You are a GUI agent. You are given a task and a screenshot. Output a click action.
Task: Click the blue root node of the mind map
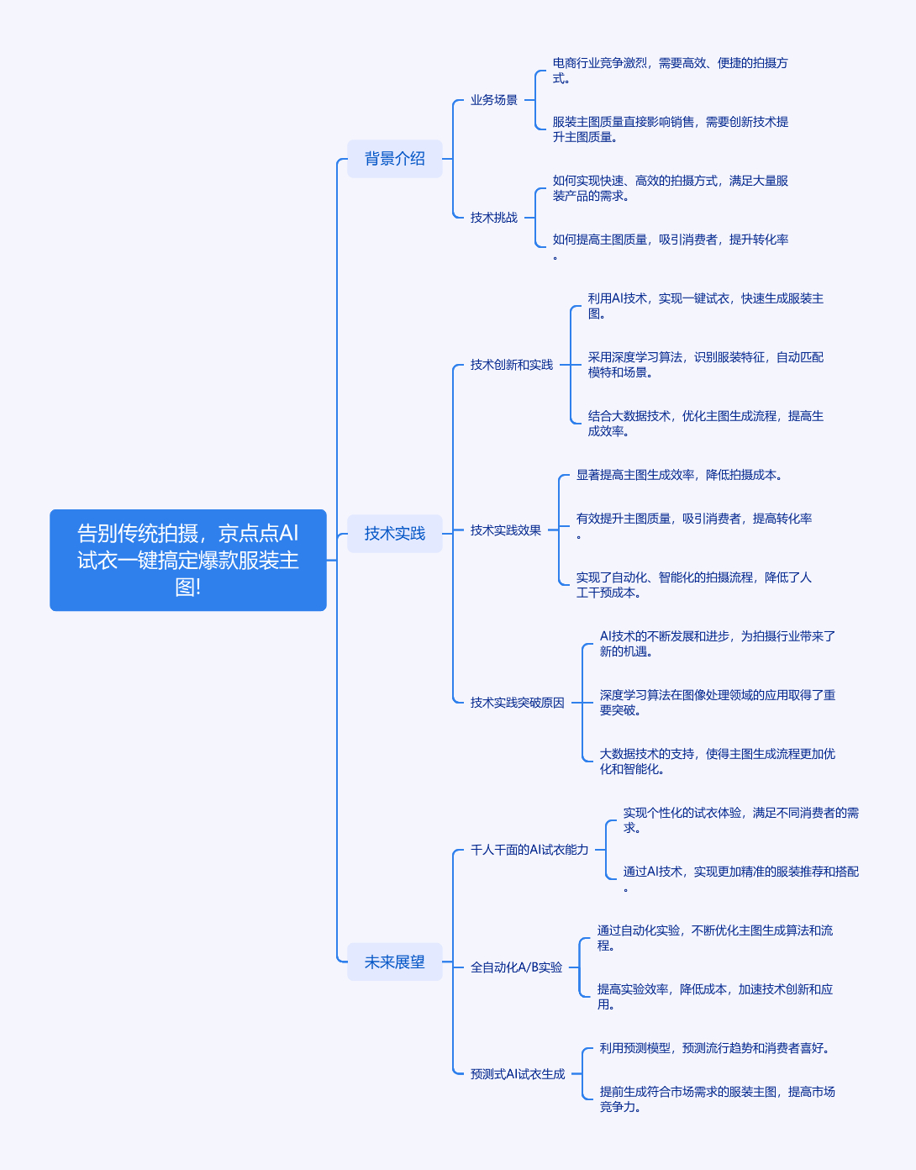(188, 560)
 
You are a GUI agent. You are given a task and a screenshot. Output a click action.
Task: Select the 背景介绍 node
(394, 159)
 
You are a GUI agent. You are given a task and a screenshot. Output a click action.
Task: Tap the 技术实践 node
(394, 534)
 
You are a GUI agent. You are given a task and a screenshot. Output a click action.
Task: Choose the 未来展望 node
(394, 962)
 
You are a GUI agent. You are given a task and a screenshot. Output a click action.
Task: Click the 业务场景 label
(493, 100)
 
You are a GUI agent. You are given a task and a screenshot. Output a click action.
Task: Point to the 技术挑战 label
(493, 218)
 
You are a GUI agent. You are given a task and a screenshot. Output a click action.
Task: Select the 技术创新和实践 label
(511, 365)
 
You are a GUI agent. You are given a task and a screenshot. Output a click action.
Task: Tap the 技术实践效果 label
(505, 530)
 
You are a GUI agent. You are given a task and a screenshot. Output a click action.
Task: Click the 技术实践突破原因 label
(517, 703)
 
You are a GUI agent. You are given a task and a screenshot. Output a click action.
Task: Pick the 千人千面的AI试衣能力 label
(529, 850)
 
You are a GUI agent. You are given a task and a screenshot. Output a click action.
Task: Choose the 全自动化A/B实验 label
(516, 967)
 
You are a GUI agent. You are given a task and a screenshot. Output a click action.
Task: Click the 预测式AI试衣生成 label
(517, 1074)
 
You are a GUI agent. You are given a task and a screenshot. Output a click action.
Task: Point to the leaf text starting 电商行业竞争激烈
(670, 71)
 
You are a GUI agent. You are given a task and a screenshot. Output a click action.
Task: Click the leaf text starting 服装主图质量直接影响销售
(670, 129)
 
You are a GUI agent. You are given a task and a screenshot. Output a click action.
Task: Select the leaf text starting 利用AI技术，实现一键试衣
(705, 306)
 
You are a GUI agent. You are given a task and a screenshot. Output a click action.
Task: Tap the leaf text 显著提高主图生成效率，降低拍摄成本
(679, 475)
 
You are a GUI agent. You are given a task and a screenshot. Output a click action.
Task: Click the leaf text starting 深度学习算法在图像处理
(718, 703)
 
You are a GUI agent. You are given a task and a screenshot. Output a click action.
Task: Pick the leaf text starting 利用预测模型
(714, 1048)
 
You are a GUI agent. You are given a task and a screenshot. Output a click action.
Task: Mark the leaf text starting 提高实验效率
(714, 997)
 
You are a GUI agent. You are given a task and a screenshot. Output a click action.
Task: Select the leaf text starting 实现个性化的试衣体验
(740, 820)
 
